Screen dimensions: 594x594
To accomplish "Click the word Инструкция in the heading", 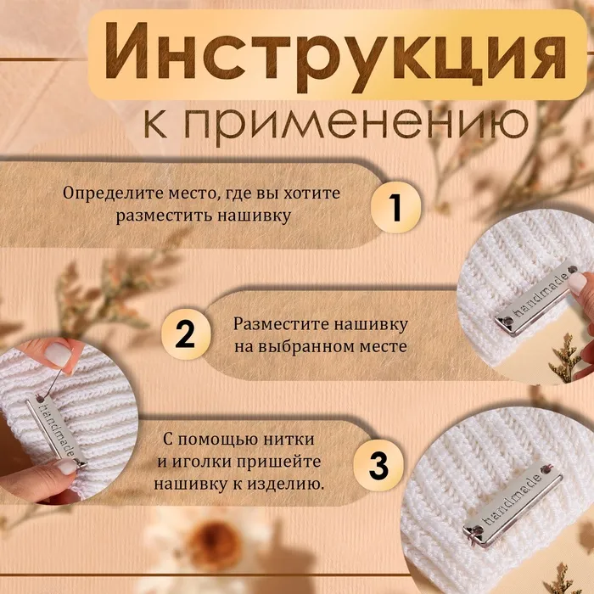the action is [335, 56].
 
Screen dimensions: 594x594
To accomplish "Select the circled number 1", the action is [395, 207].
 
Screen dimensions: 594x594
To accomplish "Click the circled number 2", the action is [186, 334].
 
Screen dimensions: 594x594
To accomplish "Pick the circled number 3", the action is [378, 466].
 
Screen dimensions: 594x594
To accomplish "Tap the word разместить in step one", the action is [164, 216].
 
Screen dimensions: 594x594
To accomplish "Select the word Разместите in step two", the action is [282, 325].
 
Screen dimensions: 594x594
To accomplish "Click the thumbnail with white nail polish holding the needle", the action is [58, 355].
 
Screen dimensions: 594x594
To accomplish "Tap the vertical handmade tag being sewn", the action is [56, 432].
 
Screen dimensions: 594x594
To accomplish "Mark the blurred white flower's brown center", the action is [214, 541].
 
